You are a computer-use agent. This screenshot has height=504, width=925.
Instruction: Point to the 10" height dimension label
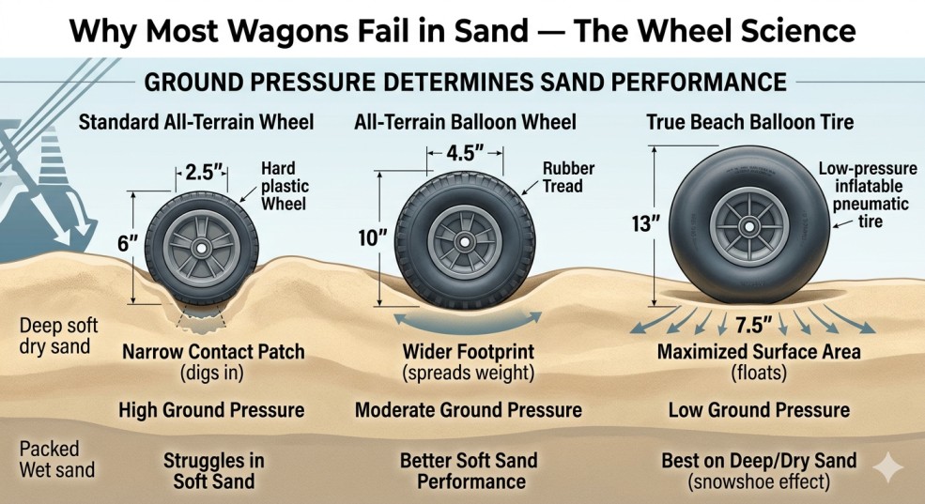coord(373,238)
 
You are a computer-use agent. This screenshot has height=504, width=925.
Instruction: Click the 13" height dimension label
coord(645,224)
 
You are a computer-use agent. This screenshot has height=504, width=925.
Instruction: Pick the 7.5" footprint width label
coord(754,324)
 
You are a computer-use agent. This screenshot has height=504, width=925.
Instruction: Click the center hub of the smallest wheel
coord(202,248)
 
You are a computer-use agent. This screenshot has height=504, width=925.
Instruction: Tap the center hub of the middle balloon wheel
coord(465,242)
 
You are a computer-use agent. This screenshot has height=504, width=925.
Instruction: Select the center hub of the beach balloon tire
coord(749,226)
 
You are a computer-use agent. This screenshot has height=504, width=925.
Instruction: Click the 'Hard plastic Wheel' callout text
coord(285,186)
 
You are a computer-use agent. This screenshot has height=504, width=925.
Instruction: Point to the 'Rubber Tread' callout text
coord(568,176)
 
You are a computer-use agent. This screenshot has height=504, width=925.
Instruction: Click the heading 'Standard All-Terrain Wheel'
coord(196,122)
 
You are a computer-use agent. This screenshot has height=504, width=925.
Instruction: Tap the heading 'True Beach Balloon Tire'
coord(749,122)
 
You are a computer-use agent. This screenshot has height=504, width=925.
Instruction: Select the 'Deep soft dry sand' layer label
coord(58,335)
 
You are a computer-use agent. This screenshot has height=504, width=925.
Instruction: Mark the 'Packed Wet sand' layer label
coord(56,459)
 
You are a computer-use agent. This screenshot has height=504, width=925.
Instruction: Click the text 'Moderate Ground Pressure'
coord(469,410)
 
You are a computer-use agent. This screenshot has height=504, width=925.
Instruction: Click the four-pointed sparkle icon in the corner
coord(887,468)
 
